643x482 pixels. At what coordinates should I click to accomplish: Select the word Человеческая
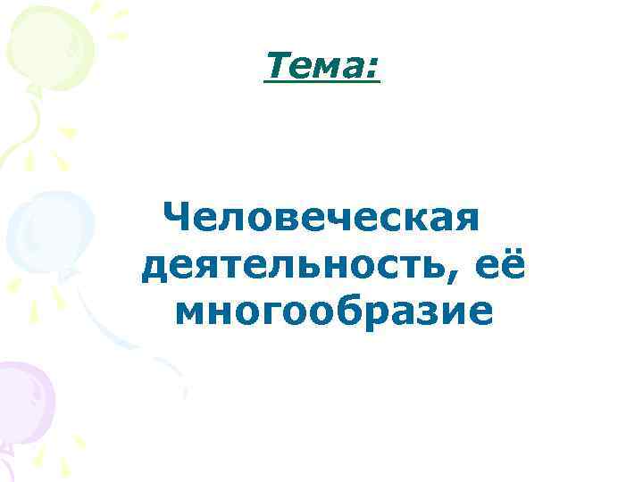tap(322, 217)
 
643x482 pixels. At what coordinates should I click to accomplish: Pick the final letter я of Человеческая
tap(467, 220)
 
